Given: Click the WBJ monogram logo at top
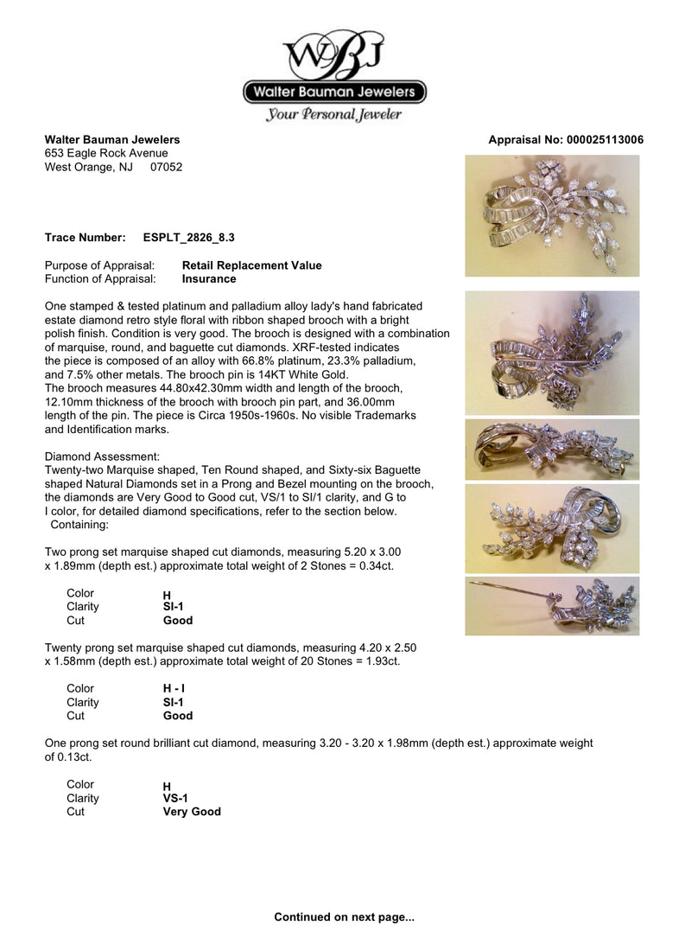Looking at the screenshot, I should tap(334, 57).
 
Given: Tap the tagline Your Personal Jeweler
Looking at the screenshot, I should tap(334, 114).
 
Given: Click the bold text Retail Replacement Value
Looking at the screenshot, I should tap(251, 265).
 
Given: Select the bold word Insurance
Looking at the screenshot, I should tap(209, 279).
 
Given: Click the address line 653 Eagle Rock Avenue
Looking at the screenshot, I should tap(106, 153).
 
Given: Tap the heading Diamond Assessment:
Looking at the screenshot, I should tap(102, 456).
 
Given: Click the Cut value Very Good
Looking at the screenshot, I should tap(192, 812).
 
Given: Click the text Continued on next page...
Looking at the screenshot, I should tap(345, 916).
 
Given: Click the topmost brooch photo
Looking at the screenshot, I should tap(552, 215).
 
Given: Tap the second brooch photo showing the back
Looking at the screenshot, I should tap(552, 352).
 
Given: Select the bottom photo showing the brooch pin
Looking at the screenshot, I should tap(552, 606).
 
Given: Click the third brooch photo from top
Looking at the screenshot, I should tap(552, 450).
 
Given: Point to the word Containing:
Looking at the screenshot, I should tap(79, 525).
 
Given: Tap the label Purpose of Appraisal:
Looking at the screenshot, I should tap(99, 265).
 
